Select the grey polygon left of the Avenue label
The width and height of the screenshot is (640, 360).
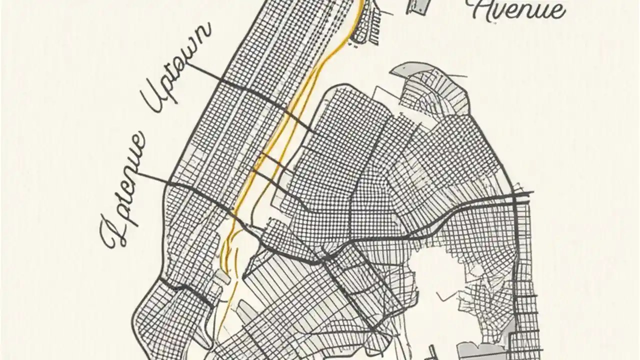tap(419, 6)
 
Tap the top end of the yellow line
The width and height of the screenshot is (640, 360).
tap(361, 2)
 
